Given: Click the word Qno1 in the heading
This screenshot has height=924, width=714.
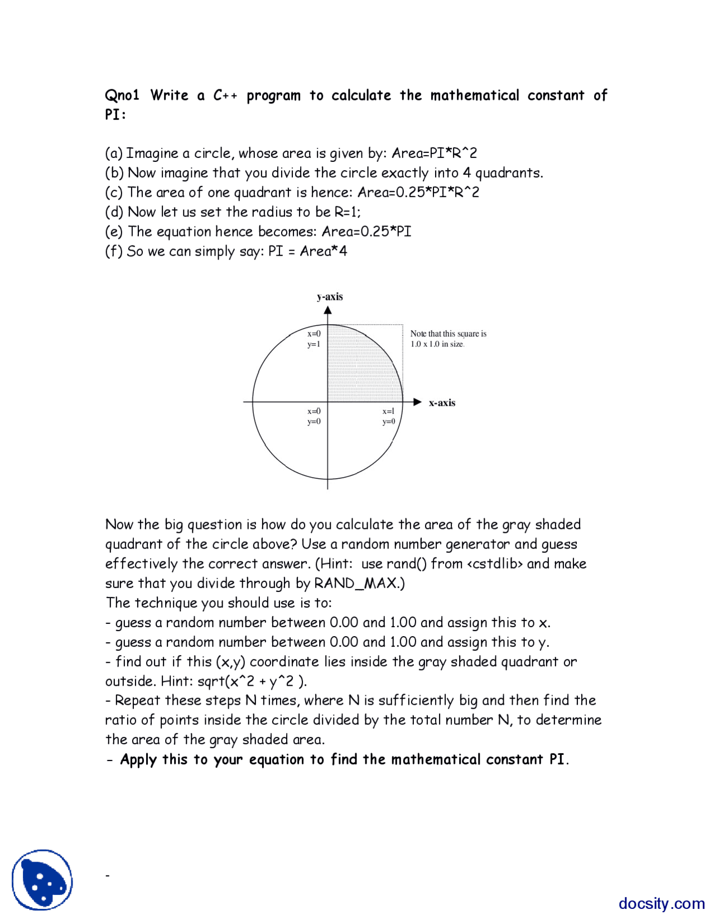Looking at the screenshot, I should (x=122, y=95).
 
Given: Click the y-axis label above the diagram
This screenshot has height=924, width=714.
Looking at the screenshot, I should (x=330, y=297).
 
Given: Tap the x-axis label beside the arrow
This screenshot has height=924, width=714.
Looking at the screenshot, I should (x=442, y=403).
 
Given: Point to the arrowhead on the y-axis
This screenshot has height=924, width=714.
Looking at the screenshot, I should (x=327, y=311).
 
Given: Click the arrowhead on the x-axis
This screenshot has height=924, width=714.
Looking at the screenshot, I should (x=417, y=402).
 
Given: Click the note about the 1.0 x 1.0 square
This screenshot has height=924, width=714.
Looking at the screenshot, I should (x=448, y=339).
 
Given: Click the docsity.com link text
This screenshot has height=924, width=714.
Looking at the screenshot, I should (x=661, y=903).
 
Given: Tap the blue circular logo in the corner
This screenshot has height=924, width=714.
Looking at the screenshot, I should (x=42, y=880).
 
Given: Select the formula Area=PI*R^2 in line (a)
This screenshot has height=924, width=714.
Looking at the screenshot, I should (x=434, y=153).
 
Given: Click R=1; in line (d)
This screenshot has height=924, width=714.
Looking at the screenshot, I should (x=348, y=212).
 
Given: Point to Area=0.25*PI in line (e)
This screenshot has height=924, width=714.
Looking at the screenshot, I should (x=366, y=232).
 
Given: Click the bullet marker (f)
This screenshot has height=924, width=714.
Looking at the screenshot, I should (x=113, y=251).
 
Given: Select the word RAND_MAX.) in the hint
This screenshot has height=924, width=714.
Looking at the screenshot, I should (x=359, y=584).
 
